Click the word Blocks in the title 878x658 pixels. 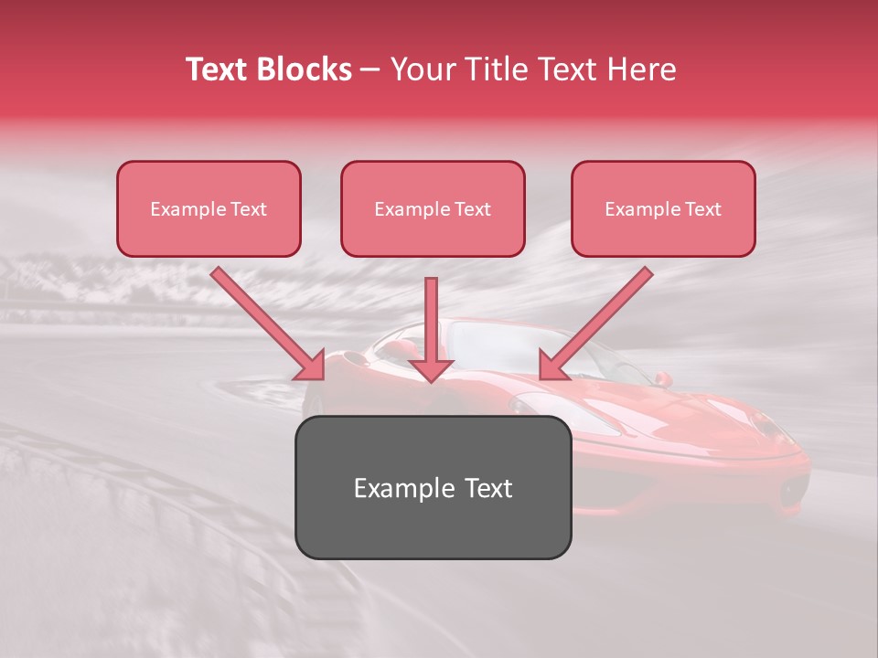point(306,69)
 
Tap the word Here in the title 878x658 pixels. point(640,69)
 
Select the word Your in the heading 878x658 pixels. point(421,69)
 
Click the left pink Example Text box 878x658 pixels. point(209,209)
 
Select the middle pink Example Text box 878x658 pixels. point(433,209)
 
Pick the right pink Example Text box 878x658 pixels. point(663,209)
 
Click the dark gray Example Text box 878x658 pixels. point(434,488)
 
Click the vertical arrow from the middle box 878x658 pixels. point(431,320)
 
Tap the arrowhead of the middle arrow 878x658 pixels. point(431,369)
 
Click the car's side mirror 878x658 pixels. point(662,378)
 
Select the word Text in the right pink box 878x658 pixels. point(702,209)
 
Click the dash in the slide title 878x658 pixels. point(370,69)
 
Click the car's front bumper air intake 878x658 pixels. point(792,493)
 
